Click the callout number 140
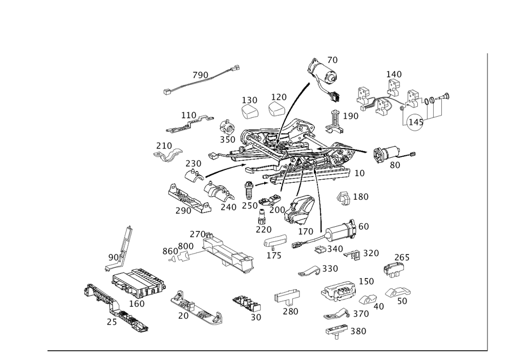tap(393, 75)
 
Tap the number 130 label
tap(249, 99)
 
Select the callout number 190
tap(351, 117)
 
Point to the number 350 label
tap(227, 139)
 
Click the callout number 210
tap(164, 146)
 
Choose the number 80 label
tap(395, 165)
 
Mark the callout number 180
tap(361, 197)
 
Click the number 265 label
tap(402, 258)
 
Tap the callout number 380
tap(358, 332)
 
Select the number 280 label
tap(291, 311)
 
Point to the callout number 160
tap(137, 304)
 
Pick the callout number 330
tap(330, 268)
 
